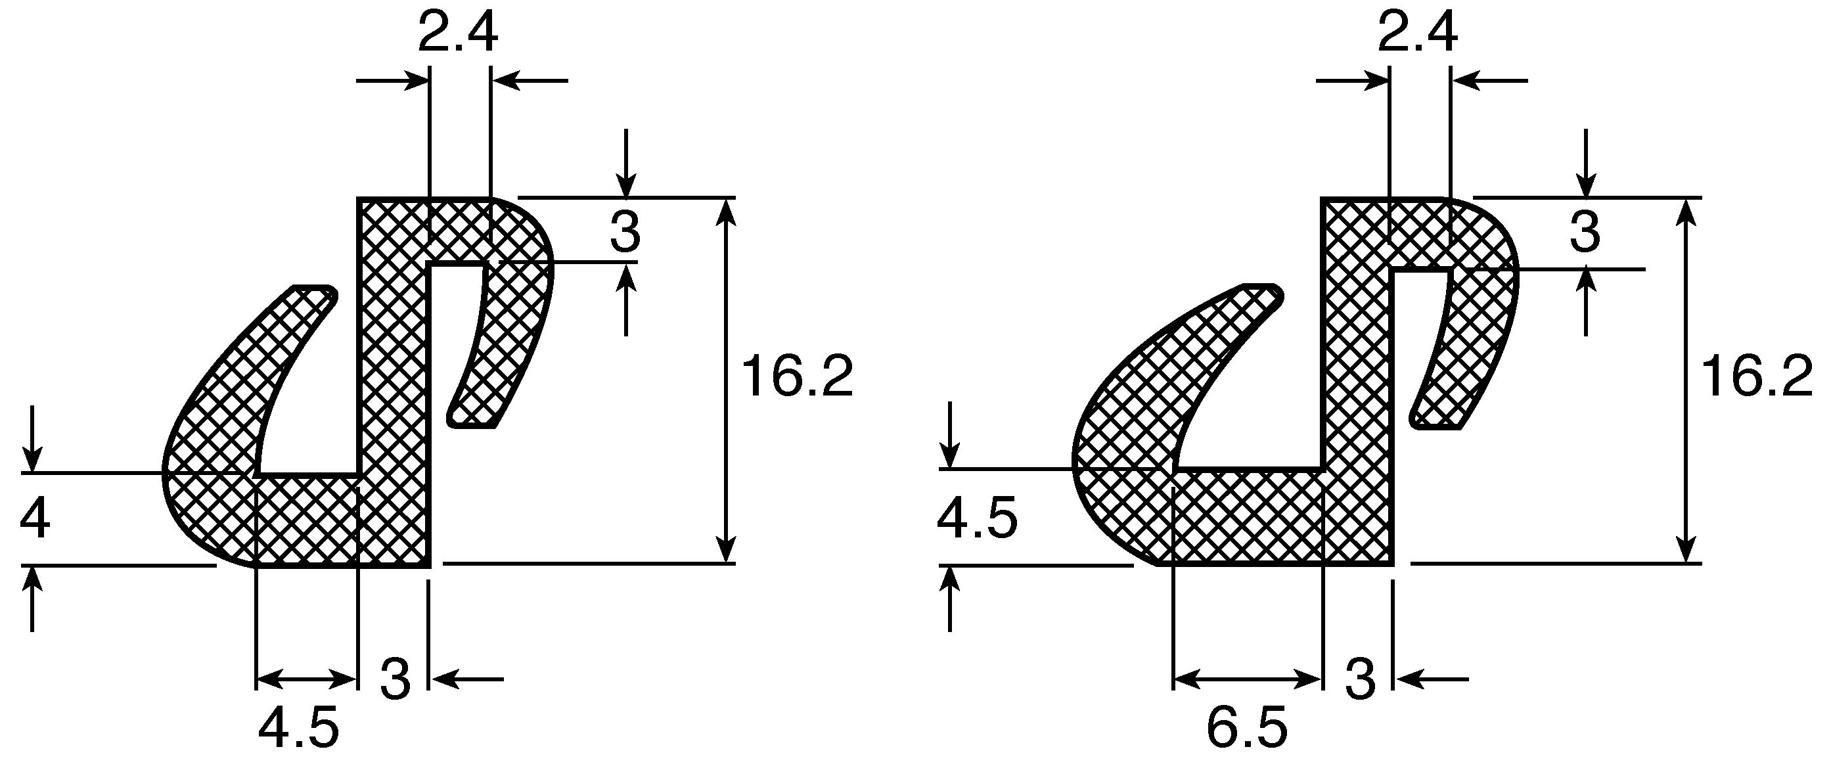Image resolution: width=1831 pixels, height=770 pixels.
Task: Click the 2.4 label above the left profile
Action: point(457,34)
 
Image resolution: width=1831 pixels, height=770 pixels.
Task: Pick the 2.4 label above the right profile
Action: point(1417,34)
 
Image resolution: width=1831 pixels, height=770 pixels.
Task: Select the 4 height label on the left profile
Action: point(34,520)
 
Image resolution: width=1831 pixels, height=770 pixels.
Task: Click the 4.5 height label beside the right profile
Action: point(978,520)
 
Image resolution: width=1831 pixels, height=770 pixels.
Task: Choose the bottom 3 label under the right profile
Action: point(1361,679)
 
